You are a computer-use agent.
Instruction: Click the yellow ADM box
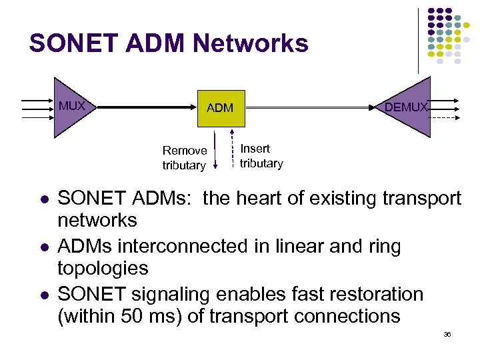(220, 108)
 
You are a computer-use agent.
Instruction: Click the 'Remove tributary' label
(184, 158)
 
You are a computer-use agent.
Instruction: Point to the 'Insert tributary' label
(261, 156)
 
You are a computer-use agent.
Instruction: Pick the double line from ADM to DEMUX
(307, 106)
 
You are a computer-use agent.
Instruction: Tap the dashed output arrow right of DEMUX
(444, 117)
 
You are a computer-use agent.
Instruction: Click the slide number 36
(447, 334)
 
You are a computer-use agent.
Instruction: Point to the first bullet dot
(43, 199)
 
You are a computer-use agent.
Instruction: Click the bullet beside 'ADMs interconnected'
(43, 247)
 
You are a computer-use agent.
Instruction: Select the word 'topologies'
(103, 269)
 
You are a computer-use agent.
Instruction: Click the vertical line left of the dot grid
(419, 40)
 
